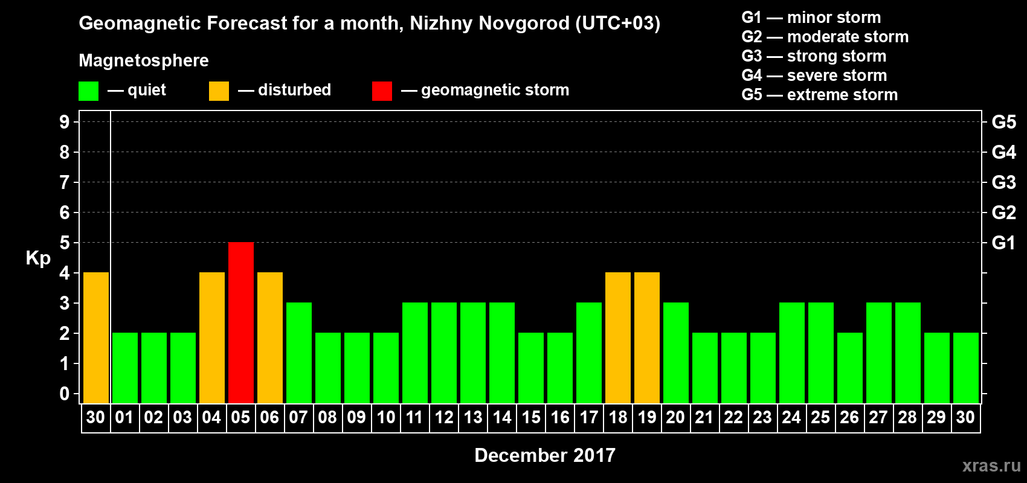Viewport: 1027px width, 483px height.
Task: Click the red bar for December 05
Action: tap(241, 322)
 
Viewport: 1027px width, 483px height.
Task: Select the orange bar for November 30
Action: tap(96, 337)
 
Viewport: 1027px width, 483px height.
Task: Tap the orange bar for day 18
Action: tap(618, 337)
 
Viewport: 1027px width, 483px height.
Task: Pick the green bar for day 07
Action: tap(299, 353)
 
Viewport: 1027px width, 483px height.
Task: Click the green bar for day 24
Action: tap(792, 353)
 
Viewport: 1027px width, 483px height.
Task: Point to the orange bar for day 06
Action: tap(270, 337)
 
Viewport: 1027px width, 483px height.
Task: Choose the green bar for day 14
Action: tap(502, 353)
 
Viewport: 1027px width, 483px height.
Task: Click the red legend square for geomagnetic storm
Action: tap(382, 91)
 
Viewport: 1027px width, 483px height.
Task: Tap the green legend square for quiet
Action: tap(89, 91)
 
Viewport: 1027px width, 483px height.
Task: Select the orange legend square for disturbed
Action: tap(219, 91)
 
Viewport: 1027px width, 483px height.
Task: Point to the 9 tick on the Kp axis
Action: tap(65, 122)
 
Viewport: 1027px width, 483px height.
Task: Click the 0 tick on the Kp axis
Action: tap(65, 394)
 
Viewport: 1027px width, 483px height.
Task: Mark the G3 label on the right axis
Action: tap(1003, 182)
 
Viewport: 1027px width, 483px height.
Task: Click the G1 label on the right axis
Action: tap(1003, 243)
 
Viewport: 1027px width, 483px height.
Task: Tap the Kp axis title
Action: tap(38, 258)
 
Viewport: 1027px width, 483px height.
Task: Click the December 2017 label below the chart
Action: tap(544, 455)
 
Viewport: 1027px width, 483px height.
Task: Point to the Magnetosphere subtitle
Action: tap(144, 60)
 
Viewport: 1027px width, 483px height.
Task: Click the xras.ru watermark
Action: tap(991, 465)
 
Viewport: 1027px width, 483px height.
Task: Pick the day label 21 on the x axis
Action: tap(704, 417)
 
